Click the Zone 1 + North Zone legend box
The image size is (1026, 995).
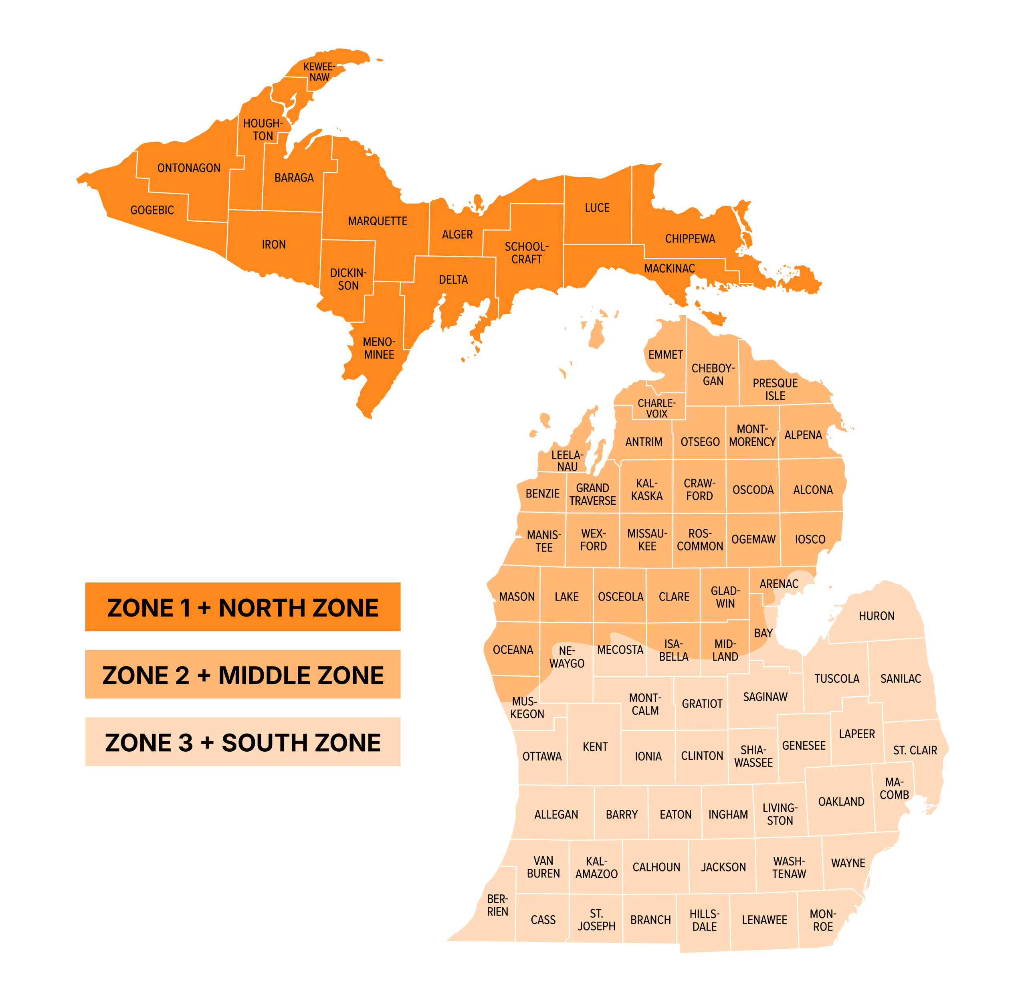(242, 607)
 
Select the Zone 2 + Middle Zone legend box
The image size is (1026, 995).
(242, 675)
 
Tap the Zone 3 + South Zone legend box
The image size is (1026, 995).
(242, 742)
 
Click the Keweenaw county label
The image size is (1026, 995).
(319, 72)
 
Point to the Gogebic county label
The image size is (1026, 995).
(152, 210)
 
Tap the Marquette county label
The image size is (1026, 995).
(378, 221)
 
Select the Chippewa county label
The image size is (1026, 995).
(690, 239)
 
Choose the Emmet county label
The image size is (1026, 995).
(665, 354)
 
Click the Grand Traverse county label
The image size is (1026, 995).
(593, 494)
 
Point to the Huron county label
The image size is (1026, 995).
(876, 616)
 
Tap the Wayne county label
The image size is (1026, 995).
(848, 863)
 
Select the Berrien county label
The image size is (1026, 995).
(497, 906)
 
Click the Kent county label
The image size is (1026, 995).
(595, 747)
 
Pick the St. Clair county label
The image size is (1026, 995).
(915, 750)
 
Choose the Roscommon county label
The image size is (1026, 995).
(700, 540)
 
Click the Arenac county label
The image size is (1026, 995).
(779, 584)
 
